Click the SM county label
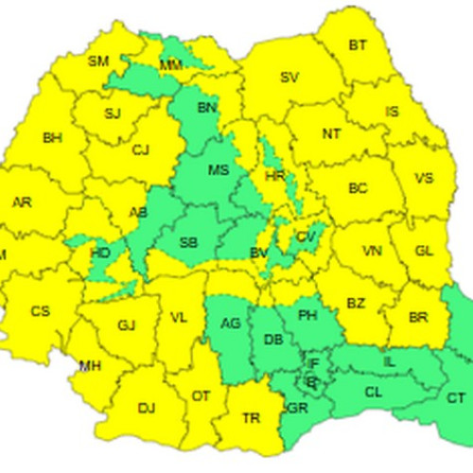98,61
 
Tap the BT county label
358,44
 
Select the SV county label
289,78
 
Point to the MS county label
219,170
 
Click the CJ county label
141,149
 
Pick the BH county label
52,137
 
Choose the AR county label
21,202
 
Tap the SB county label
188,243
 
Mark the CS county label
40,311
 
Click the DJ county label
147,409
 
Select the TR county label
252,417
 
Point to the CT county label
456,398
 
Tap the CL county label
373,391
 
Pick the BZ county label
356,304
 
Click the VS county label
424,178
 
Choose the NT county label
331,134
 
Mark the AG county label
230,324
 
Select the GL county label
424,252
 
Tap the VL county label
179,318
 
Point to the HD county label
99,253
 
